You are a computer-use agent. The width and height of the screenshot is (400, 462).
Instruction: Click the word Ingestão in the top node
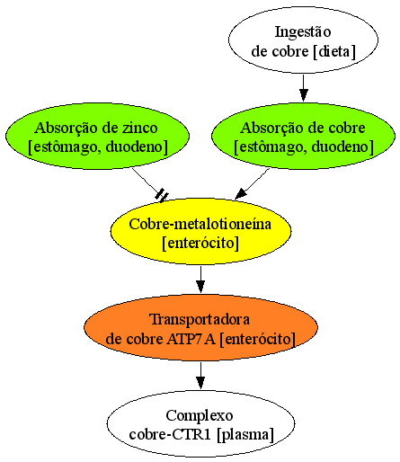(303, 32)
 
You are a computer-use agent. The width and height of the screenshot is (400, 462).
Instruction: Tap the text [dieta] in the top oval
(334, 51)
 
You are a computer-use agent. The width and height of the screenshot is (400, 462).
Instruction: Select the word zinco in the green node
(140, 128)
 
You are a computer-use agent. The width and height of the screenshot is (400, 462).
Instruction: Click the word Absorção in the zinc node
(67, 129)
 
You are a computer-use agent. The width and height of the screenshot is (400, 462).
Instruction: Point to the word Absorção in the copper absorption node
(272, 129)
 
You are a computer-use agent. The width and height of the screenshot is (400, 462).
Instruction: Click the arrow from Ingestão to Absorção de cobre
(304, 87)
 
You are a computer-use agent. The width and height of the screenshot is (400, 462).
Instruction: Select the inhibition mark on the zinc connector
(162, 195)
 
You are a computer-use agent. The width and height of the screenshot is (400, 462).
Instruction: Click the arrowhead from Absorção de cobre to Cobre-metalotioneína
(241, 194)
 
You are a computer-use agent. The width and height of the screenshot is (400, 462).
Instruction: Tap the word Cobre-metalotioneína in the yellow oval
(200, 224)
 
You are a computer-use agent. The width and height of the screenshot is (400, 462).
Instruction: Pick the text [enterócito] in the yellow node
(200, 243)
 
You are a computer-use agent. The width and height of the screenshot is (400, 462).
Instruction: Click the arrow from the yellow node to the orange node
(200, 280)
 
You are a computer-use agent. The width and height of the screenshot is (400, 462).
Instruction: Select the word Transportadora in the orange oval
(200, 319)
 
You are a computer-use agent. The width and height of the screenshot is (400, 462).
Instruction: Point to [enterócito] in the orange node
(258, 339)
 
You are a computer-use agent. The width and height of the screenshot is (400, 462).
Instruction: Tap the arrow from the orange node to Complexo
(200, 376)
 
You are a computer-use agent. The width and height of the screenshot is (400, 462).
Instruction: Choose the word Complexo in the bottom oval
(200, 416)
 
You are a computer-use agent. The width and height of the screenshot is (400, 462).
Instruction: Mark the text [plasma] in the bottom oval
(245, 435)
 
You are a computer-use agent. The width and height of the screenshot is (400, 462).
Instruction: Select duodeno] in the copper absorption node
(342, 147)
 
